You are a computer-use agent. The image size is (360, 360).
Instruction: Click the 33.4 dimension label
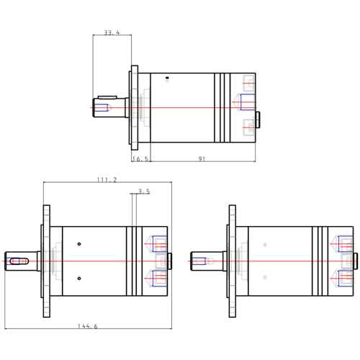pyautogui.click(x=112, y=32)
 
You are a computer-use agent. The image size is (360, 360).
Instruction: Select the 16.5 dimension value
pyautogui.click(x=140, y=159)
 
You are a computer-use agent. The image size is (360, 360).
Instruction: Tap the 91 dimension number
pyautogui.click(x=202, y=159)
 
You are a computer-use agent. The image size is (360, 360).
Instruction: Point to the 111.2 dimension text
pyautogui.click(x=107, y=180)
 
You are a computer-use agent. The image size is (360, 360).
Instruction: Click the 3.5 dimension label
pyautogui.click(x=144, y=192)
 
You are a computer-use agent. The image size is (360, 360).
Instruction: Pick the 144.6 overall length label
pyautogui.click(x=88, y=326)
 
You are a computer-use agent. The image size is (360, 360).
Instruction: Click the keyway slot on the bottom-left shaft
pyautogui.click(x=19, y=261)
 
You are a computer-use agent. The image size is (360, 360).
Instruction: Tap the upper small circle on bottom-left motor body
pyautogui.click(x=79, y=244)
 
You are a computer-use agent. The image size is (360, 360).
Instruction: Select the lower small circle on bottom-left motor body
pyautogui.click(x=79, y=279)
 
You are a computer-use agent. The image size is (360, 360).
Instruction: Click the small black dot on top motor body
pyautogui.click(x=168, y=78)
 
